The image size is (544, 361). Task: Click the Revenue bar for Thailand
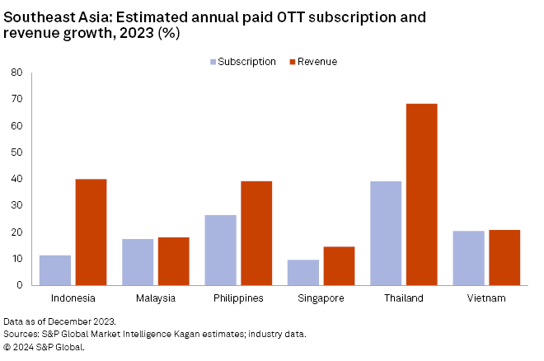coord(421,195)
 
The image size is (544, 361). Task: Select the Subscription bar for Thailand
coord(386,233)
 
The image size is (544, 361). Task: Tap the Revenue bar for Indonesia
coord(91,232)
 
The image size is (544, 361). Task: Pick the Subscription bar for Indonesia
coord(55,270)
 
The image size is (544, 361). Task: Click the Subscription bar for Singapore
coord(303,273)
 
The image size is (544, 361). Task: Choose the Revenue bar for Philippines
coord(256,233)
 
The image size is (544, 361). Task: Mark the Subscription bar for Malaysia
coord(138,262)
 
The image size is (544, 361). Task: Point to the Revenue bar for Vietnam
coord(504,257)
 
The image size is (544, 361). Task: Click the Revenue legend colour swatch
coord(293,62)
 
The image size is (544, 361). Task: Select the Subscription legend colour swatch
coord(213,62)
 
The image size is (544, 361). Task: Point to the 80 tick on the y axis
coord(16,73)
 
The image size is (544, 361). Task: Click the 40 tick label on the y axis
coord(16,179)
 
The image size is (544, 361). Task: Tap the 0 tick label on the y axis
coord(19,285)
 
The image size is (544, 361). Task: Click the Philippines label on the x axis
coord(238,298)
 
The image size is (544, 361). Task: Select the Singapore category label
coord(321,298)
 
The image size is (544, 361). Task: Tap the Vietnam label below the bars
coord(486,298)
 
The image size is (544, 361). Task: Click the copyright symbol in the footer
coord(7,346)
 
